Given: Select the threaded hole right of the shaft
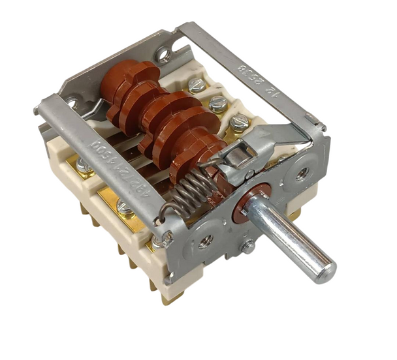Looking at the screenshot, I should [302, 174].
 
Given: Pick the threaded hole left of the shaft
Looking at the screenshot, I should [205, 239].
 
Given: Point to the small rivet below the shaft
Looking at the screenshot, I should [248, 247].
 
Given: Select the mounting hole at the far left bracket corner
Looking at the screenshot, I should [71, 103].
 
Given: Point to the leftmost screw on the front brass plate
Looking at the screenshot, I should [83, 166].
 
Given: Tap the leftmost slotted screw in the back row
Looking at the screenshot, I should [196, 83].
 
